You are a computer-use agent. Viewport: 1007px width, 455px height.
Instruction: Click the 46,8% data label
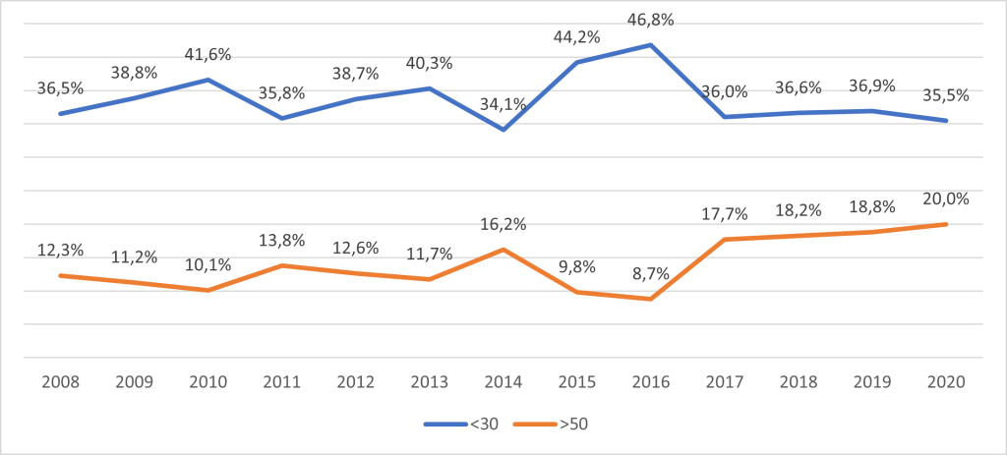[650, 19]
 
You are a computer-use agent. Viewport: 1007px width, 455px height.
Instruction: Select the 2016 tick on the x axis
[650, 381]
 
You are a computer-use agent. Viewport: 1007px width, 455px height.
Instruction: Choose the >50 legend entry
[559, 425]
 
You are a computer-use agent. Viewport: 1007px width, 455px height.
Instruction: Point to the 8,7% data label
[650, 273]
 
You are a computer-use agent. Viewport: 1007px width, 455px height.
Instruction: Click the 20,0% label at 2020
[945, 198]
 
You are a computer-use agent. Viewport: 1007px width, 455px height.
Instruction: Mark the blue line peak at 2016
[650, 44]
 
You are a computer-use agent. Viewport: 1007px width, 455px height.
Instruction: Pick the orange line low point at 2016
[650, 299]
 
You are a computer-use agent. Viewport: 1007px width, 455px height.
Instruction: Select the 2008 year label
[59, 381]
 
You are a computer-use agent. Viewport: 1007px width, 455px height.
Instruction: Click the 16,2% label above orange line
[503, 224]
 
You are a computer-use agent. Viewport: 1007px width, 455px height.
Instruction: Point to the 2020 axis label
[945, 381]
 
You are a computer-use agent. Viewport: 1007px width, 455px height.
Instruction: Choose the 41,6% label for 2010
[207, 54]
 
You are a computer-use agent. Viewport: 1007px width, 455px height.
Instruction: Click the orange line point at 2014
[503, 250]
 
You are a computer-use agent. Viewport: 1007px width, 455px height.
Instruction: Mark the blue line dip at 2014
[503, 129]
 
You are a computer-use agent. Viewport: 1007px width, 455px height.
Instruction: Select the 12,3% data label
[59, 250]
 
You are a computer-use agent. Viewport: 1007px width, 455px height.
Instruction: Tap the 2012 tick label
[355, 381]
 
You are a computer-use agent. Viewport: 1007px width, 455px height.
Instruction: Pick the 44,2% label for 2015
[576, 37]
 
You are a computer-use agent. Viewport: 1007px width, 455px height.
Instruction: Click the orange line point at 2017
[724, 239]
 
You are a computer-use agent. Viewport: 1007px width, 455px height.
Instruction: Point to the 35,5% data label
[945, 95]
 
